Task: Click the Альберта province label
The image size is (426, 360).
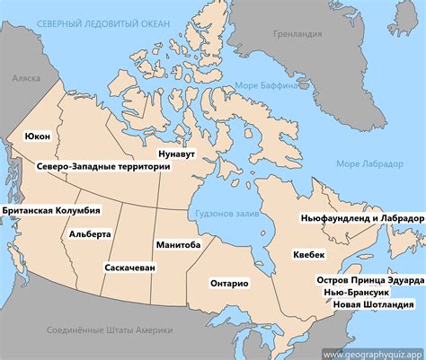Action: (90, 234)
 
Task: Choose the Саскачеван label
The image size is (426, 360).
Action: (131, 268)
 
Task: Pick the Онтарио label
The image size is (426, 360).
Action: (229, 283)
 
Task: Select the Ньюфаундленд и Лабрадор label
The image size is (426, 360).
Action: (361, 218)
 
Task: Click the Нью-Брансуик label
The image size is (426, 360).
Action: (369, 293)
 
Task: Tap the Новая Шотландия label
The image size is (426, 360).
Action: (373, 305)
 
